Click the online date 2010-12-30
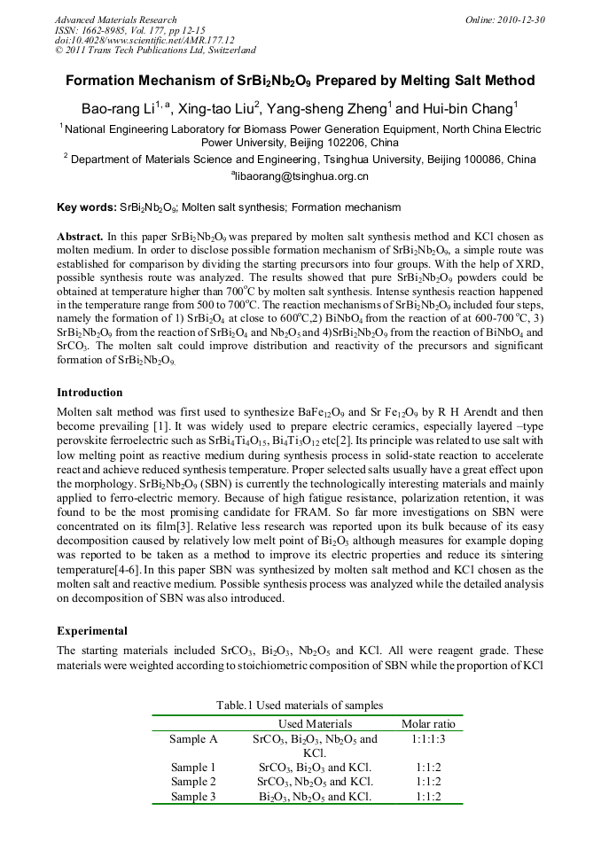[x=519, y=19]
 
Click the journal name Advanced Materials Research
[x=116, y=19]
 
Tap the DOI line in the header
[x=144, y=40]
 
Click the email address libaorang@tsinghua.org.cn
[x=301, y=176]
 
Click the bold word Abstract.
[x=80, y=238]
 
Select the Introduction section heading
[x=90, y=393]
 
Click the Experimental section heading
[x=92, y=631]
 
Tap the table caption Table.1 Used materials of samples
[x=300, y=705]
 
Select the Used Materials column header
[x=315, y=724]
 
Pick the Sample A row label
[x=193, y=738]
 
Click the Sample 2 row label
[x=193, y=782]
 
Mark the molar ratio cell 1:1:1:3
[x=428, y=738]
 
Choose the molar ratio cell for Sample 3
[x=428, y=796]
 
